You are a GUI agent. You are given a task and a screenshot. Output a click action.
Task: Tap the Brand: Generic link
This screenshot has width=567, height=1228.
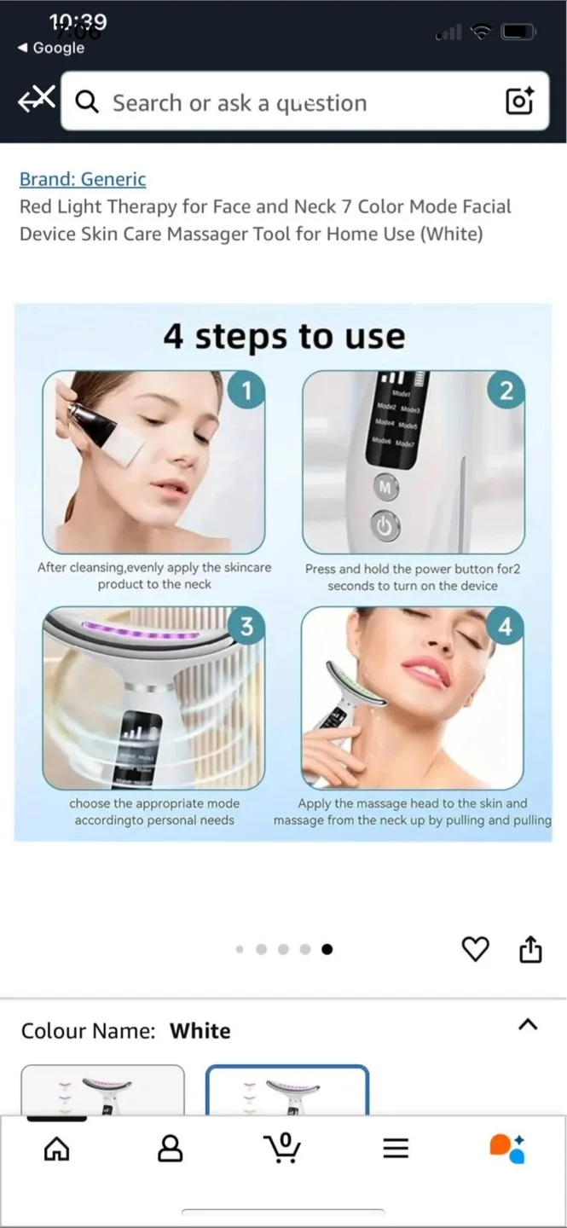tap(83, 179)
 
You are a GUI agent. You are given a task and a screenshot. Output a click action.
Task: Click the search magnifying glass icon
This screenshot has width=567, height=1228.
tap(87, 102)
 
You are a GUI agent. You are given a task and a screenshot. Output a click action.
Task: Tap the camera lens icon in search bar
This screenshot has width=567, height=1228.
tap(519, 101)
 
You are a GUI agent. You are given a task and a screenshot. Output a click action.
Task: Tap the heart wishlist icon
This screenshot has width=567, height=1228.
tap(475, 949)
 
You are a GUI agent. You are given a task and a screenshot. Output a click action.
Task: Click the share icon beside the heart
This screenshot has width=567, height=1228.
tap(530, 949)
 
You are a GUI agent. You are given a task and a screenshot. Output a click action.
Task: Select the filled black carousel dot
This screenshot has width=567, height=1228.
tap(327, 949)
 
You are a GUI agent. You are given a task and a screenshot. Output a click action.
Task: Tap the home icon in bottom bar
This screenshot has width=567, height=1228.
tap(56, 1149)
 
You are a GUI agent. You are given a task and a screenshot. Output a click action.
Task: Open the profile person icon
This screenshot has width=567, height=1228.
tap(171, 1149)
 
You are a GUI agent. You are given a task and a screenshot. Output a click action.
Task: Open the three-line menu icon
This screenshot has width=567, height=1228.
tap(396, 1149)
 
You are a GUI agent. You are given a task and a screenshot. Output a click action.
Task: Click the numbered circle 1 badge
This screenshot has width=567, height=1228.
tap(246, 391)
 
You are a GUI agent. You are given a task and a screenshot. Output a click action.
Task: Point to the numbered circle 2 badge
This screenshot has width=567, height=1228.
tap(506, 391)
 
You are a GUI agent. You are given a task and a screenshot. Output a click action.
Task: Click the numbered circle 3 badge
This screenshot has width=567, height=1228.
tap(246, 627)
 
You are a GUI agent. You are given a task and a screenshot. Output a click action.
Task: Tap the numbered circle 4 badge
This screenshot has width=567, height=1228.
tap(506, 627)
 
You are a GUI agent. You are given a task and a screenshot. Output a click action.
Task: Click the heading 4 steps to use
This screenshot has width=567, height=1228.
tap(284, 336)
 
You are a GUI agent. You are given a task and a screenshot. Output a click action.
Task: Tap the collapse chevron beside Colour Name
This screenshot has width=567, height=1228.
tap(528, 1024)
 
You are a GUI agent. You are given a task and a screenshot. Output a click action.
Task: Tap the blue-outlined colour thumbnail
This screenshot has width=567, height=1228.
tap(287, 1091)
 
